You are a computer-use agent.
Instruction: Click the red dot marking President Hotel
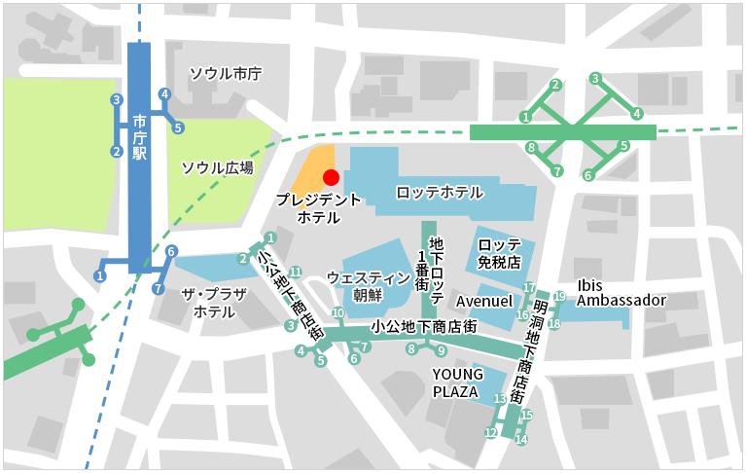click(x=331, y=177)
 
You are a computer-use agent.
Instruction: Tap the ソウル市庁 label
click(x=225, y=74)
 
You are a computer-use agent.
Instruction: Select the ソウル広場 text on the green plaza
click(x=217, y=167)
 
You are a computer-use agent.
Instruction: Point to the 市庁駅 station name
click(x=140, y=137)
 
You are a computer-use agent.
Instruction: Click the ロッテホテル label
click(x=440, y=193)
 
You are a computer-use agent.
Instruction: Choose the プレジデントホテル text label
click(x=318, y=208)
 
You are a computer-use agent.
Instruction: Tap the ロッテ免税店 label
click(x=500, y=253)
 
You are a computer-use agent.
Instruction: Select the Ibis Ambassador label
click(x=621, y=293)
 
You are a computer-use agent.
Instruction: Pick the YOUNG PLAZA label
click(x=455, y=382)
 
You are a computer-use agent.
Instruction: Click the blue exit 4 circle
click(x=165, y=94)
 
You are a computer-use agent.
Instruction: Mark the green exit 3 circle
click(x=595, y=79)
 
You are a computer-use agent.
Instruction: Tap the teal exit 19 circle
click(x=560, y=296)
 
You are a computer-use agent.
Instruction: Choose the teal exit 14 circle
click(x=521, y=440)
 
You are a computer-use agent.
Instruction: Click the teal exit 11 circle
click(x=296, y=272)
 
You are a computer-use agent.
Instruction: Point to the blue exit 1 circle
click(x=99, y=276)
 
